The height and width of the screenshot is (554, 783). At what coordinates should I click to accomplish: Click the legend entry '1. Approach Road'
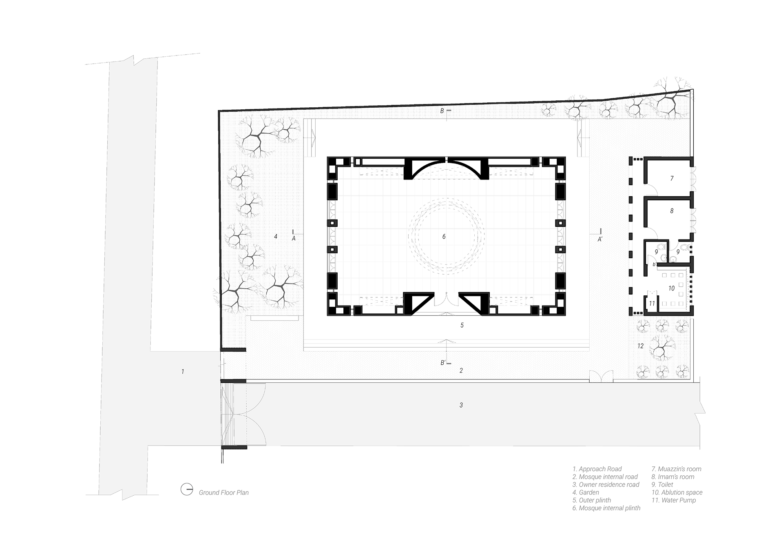click(x=597, y=469)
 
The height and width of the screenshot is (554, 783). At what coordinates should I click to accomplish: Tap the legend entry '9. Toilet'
click(x=662, y=485)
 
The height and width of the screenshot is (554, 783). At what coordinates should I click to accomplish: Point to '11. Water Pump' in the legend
click(x=673, y=500)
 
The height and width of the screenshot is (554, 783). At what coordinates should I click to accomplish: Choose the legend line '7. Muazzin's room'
click(x=676, y=469)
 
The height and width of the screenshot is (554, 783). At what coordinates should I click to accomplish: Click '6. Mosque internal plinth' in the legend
click(x=606, y=508)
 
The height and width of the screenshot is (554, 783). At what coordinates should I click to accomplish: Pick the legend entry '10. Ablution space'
click(x=677, y=492)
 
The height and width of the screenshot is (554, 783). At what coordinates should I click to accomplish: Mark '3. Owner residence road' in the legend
click(x=606, y=485)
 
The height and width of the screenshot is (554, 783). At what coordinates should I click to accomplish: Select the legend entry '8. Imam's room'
click(x=672, y=477)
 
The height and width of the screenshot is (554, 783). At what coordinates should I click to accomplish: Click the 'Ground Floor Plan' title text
click(x=223, y=493)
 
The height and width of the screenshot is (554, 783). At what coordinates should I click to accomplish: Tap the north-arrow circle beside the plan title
click(x=187, y=489)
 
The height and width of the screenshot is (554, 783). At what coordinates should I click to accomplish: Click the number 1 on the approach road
click(x=183, y=372)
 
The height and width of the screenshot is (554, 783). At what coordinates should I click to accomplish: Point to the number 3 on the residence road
click(x=461, y=405)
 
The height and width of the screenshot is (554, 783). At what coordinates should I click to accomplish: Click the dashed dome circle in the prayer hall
click(x=447, y=236)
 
